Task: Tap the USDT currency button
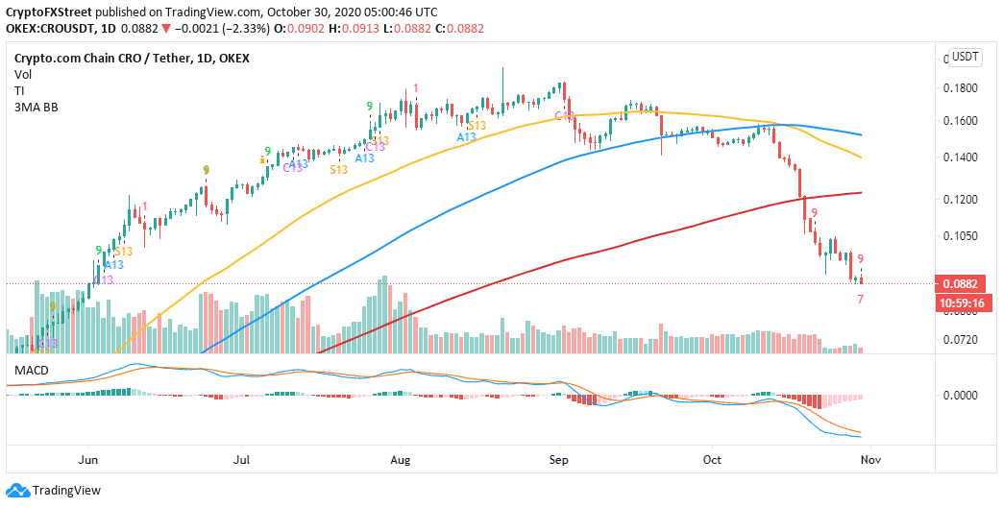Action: pyautogui.click(x=964, y=57)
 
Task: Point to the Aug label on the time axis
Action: pyautogui.click(x=400, y=460)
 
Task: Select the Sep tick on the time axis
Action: pyautogui.click(x=559, y=460)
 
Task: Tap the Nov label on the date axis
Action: pyautogui.click(x=864, y=460)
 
